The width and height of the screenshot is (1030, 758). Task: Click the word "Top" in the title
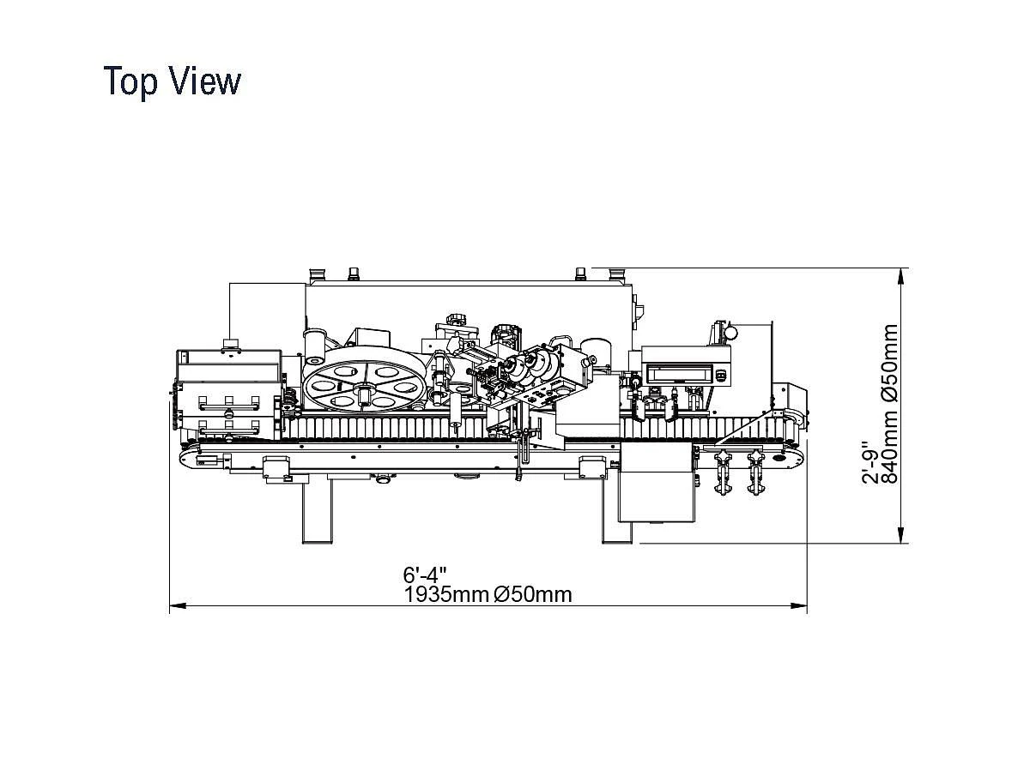[130, 82]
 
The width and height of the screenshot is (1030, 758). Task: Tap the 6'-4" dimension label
[425, 575]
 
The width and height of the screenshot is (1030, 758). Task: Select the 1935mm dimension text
[446, 594]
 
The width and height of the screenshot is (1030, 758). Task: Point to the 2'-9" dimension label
[870, 463]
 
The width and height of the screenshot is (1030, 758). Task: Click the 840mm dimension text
[890, 444]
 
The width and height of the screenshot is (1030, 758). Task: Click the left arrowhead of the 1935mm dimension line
[178, 606]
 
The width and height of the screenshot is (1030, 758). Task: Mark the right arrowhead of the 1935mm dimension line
[799, 606]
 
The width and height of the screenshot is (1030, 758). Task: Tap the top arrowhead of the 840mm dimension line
[901, 276]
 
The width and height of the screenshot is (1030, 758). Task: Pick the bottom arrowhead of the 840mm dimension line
[901, 535]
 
